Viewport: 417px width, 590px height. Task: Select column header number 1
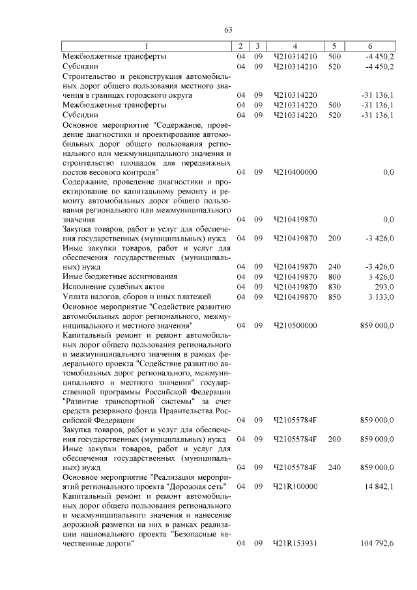pos(146,46)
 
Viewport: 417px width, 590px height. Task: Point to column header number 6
pos(370,46)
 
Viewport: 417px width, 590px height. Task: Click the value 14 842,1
pos(377,486)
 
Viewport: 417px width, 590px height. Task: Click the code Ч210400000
pos(295,171)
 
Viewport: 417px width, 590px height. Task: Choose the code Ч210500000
pos(295,324)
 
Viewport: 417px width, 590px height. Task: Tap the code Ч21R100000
pos(295,486)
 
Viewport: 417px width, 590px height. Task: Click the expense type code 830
pos(334,287)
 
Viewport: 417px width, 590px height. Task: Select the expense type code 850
pos(334,297)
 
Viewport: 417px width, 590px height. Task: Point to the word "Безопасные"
pos(195,534)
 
